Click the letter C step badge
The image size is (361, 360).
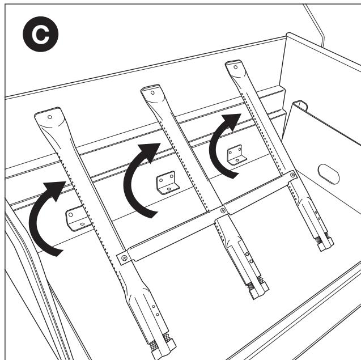tap(41, 34)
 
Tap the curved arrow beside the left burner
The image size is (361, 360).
tap(35, 221)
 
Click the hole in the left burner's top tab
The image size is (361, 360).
tap(50, 117)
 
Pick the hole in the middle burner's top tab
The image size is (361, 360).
tap(152, 93)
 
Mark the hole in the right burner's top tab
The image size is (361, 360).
tap(235, 67)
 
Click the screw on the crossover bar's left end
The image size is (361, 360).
tap(124, 258)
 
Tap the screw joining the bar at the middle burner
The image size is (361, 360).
tap(223, 210)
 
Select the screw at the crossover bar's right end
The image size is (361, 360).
tap(292, 175)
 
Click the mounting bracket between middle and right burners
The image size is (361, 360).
tap(236, 155)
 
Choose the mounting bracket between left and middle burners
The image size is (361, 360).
tap(167, 183)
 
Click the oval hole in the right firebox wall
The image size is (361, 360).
tap(328, 174)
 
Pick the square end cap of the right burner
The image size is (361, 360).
tap(325, 244)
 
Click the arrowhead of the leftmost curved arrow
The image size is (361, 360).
tap(56, 189)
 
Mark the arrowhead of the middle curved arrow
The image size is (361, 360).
tap(150, 151)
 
